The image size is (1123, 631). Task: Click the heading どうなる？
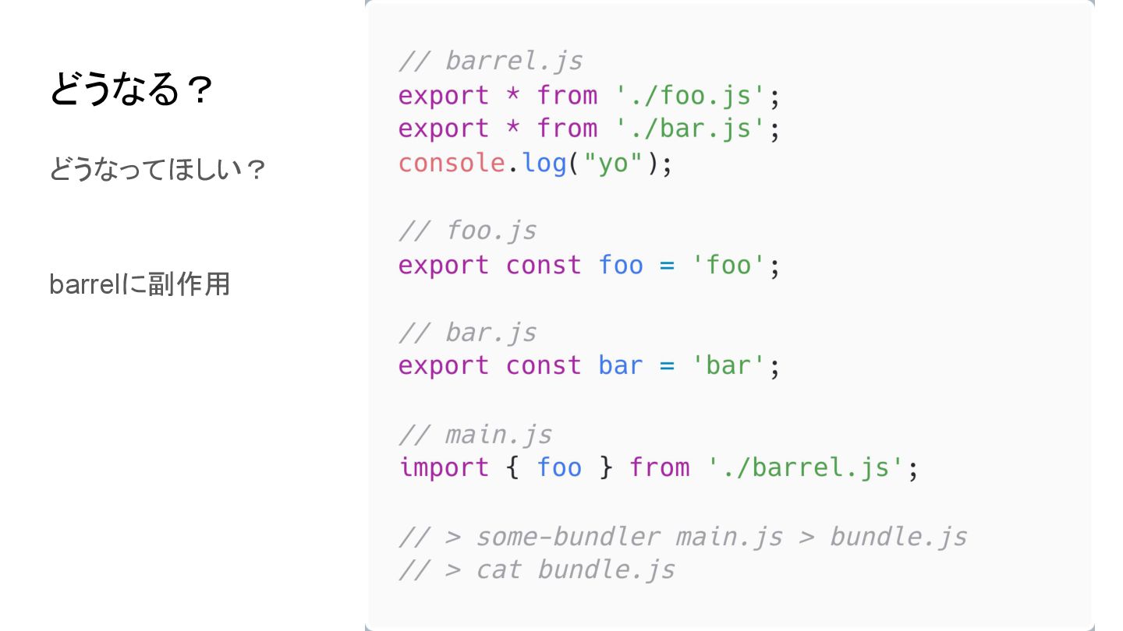click(131, 90)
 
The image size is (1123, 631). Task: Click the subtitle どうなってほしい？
click(158, 169)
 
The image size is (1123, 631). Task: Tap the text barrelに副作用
click(140, 284)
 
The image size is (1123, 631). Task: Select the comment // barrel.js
click(491, 61)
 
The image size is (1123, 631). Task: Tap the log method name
click(544, 163)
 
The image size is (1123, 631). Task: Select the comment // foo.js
click(467, 231)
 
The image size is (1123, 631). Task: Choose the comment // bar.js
click(467, 333)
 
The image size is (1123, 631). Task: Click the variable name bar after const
click(621, 365)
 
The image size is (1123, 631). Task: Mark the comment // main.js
click(475, 434)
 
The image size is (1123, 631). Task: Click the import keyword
click(444, 467)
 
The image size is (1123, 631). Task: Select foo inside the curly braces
click(559, 467)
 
